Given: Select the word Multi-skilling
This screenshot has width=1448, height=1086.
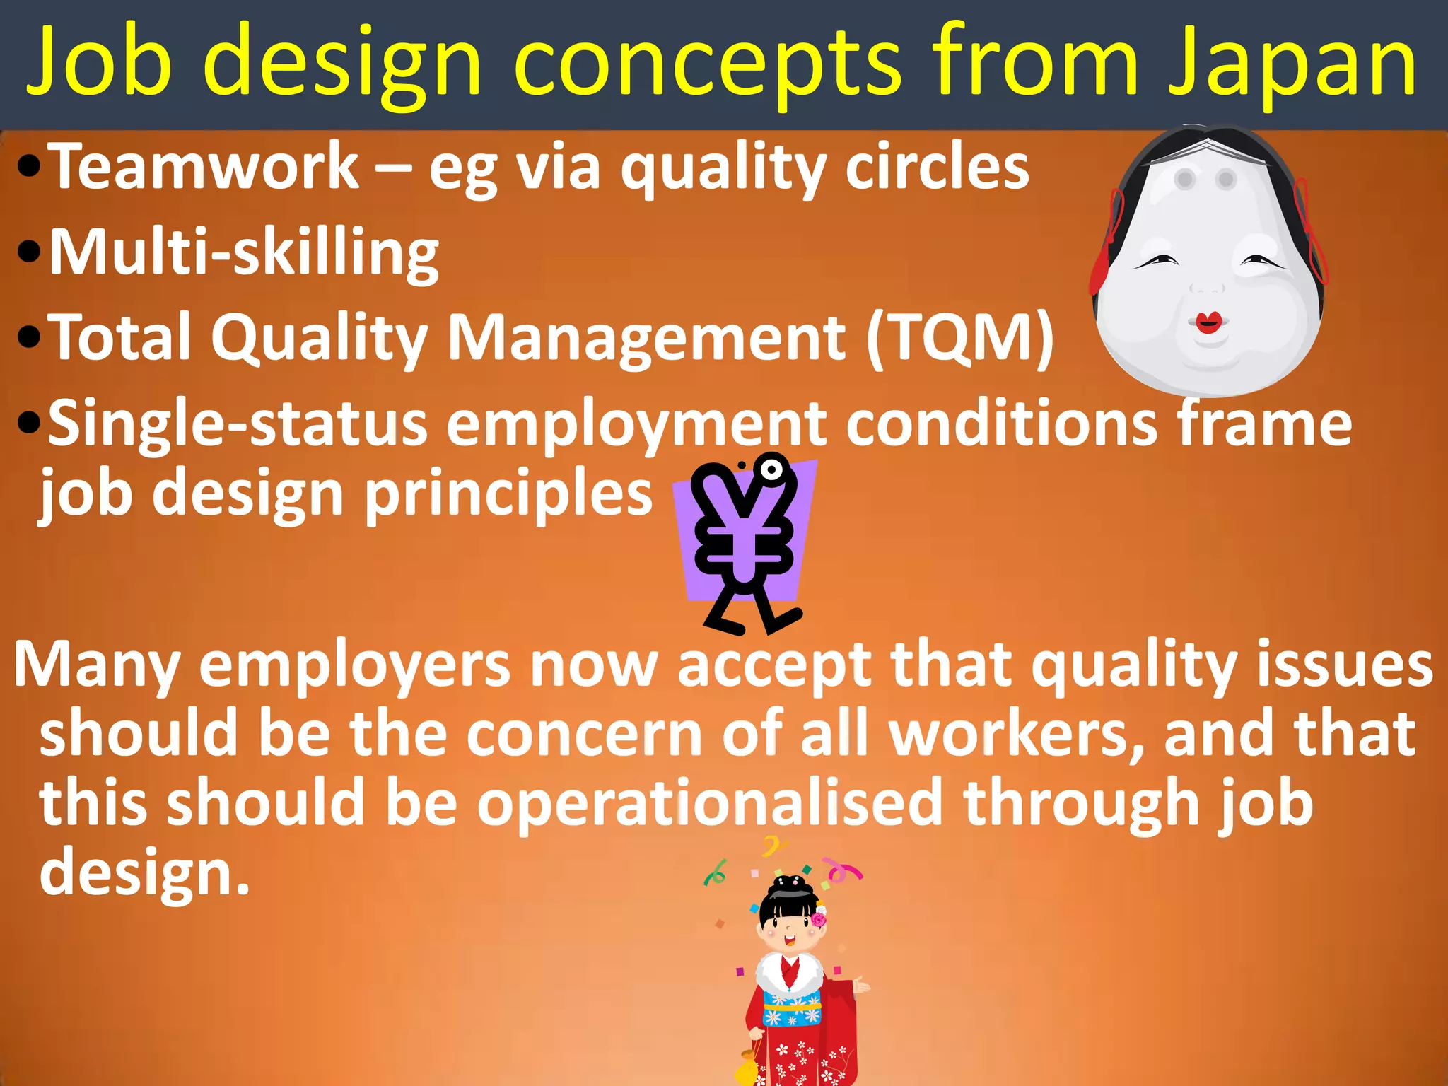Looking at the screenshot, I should coord(244,253).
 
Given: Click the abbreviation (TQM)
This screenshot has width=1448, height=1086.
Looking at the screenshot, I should coord(960,338).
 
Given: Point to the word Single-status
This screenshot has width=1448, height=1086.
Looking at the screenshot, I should coord(238,424).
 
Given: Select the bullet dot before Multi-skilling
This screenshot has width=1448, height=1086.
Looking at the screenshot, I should coord(28,252).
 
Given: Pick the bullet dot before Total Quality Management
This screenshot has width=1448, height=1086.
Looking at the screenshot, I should coord(28,337).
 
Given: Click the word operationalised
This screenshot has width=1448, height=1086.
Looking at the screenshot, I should coord(710,803).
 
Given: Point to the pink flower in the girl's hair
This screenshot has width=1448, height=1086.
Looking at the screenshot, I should coord(819,920).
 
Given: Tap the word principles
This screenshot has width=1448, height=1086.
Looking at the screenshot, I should coord(508,494).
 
